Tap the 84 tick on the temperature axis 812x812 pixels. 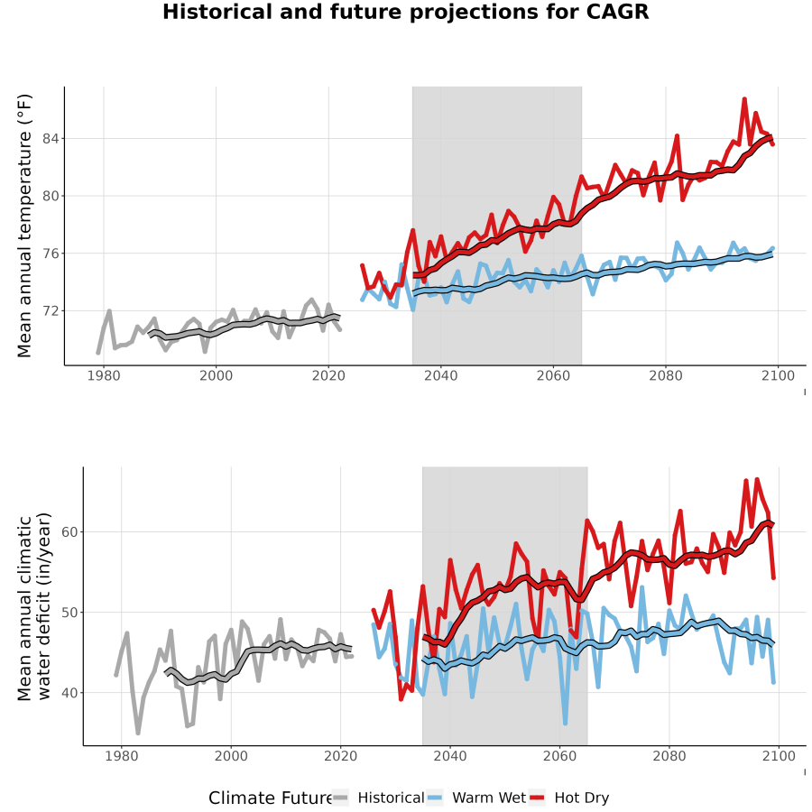[51, 139]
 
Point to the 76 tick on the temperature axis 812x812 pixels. [51, 254]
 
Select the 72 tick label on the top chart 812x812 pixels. [51, 311]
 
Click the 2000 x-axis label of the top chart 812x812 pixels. [216, 375]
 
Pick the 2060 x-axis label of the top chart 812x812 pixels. [553, 375]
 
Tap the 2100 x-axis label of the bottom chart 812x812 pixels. [779, 756]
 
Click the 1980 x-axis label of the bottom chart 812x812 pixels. [122, 756]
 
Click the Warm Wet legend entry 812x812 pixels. [476, 798]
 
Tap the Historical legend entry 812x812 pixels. [378, 798]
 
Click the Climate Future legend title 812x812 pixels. [271, 798]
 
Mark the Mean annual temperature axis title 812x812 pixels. [24, 226]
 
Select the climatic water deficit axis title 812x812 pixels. [33, 606]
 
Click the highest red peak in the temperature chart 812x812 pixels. [744, 98]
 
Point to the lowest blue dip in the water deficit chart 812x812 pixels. [565, 724]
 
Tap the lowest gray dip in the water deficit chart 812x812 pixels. [138, 733]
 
